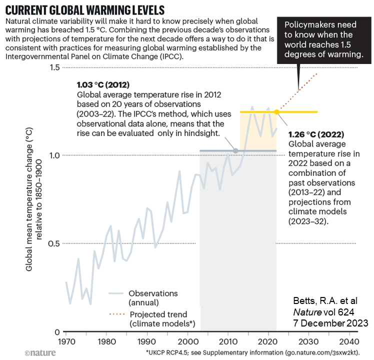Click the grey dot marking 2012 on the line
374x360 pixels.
(235, 150)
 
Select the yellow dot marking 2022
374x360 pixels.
(276, 111)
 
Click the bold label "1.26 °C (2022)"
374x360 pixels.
(317, 135)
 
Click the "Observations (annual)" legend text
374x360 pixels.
(152, 297)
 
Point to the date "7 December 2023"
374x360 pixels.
(330, 323)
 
